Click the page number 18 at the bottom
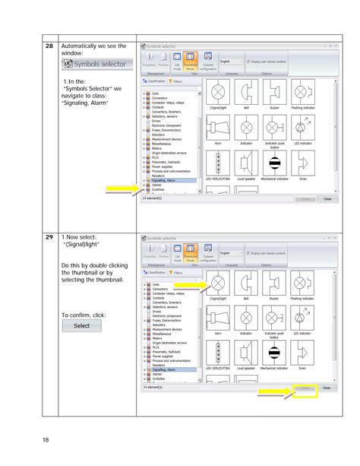(46, 439)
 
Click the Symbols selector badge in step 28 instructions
(96, 65)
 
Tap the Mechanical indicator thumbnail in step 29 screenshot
(274, 353)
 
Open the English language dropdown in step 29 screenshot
(231, 253)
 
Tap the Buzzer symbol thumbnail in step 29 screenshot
(274, 286)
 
